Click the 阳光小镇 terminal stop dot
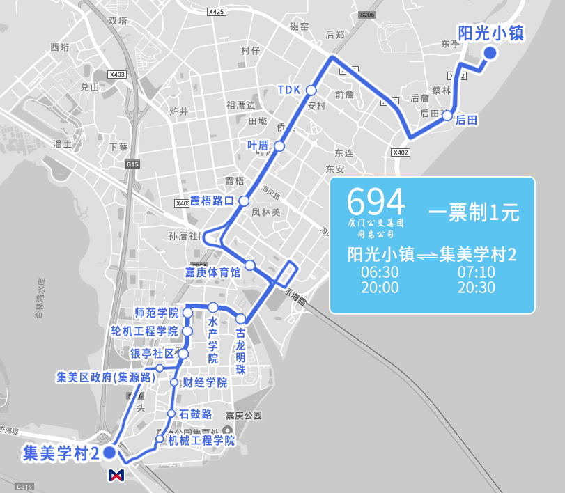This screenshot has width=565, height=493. tap(490, 53)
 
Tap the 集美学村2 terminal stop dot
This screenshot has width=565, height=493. tap(109, 453)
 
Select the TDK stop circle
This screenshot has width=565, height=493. tap(311, 91)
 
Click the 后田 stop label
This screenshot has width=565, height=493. tap(466, 120)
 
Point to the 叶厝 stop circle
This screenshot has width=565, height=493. tap(279, 146)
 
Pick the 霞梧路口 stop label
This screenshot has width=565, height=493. tap(212, 201)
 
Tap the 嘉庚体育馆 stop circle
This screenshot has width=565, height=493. tap(250, 265)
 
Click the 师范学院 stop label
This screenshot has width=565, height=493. tap(156, 313)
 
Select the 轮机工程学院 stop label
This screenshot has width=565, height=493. tap(144, 331)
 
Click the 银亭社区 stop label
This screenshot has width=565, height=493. tap(153, 354)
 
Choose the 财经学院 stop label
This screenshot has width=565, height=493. tap(205, 382)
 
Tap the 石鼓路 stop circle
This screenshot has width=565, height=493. tap(171, 414)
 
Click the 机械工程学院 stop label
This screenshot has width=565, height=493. tap(200, 440)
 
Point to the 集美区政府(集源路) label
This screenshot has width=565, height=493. tap(105, 377)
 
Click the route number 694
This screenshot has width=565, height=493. tap(376, 202)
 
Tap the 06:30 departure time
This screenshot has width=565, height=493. tap(380, 272)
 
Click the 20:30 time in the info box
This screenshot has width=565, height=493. tap(477, 288)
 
